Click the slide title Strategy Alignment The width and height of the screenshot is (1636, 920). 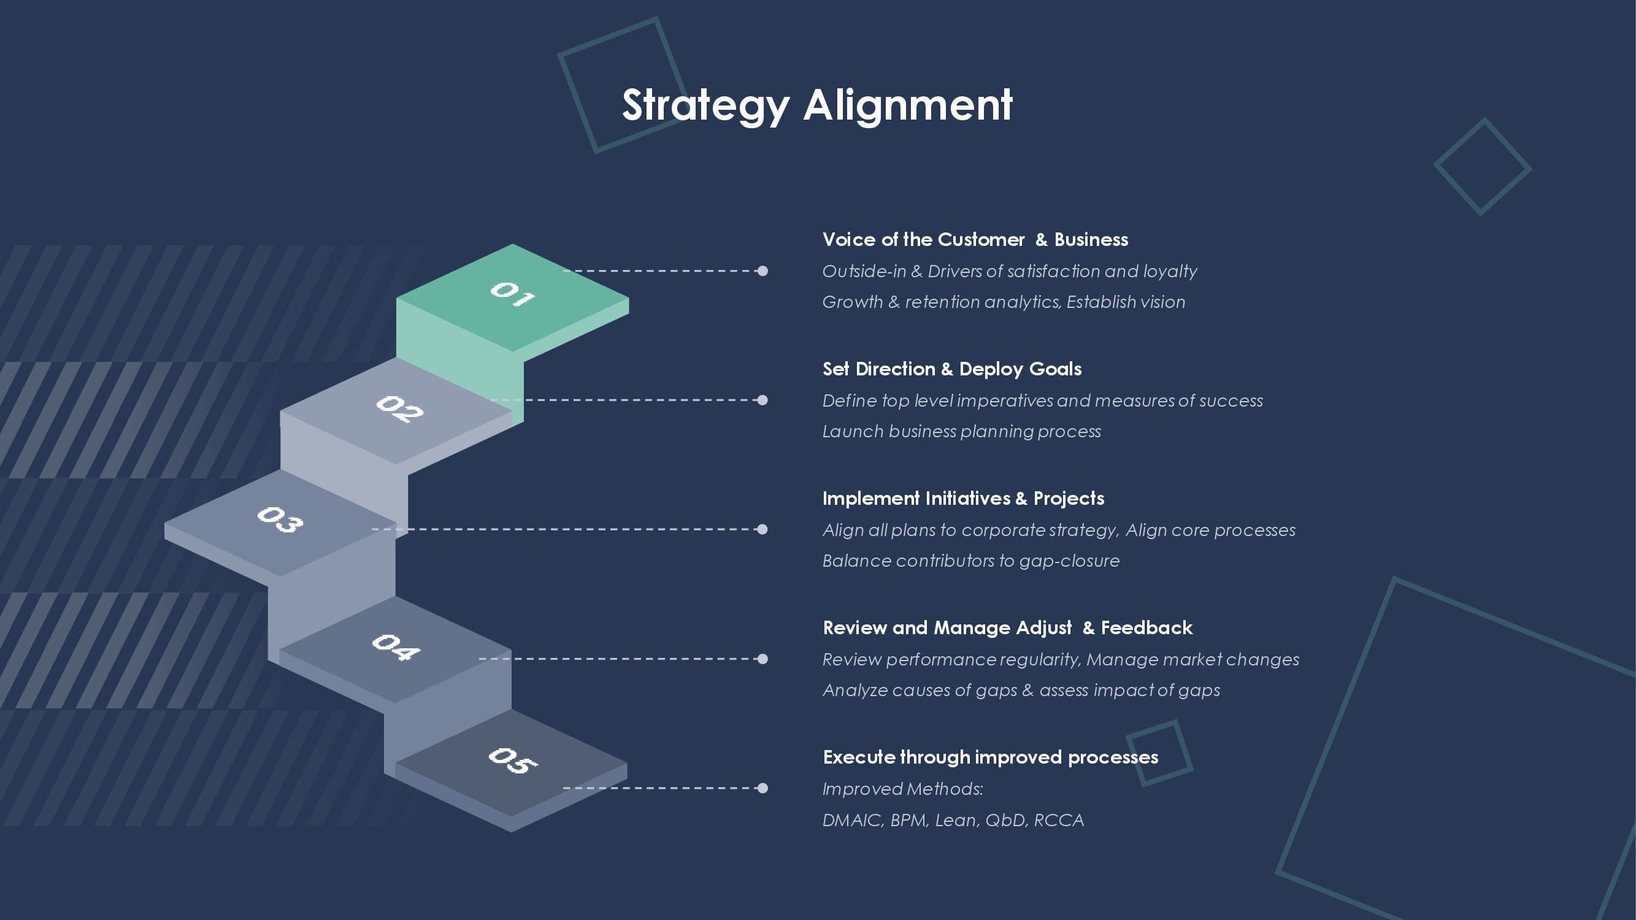[x=817, y=105]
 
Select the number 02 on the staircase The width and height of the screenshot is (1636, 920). [x=399, y=408]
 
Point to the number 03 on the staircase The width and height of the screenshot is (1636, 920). [x=280, y=519]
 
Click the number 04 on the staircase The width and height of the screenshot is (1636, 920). [x=396, y=647]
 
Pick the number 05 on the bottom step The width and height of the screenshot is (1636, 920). [x=513, y=760]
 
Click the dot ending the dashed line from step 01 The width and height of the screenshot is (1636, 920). [x=762, y=271]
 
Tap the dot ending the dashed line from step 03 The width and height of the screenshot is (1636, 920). [x=762, y=529]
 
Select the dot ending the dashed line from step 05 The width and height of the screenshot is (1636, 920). [x=762, y=789]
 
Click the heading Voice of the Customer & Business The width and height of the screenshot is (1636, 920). [x=975, y=239]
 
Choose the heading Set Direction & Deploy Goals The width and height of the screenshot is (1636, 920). [x=952, y=369]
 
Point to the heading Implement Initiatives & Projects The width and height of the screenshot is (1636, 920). [x=964, y=499]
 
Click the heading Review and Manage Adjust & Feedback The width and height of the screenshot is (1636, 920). [x=1008, y=628]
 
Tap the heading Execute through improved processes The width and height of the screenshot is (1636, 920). [x=991, y=757]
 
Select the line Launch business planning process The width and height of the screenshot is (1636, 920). [x=961, y=432]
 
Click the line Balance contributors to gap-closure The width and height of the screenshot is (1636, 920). [x=971, y=561]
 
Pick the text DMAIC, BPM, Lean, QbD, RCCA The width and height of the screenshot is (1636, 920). [x=953, y=820]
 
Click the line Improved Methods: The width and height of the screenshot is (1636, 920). [x=903, y=789]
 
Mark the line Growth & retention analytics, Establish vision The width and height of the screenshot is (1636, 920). [x=1004, y=302]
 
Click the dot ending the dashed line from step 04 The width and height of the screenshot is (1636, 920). [x=762, y=659]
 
